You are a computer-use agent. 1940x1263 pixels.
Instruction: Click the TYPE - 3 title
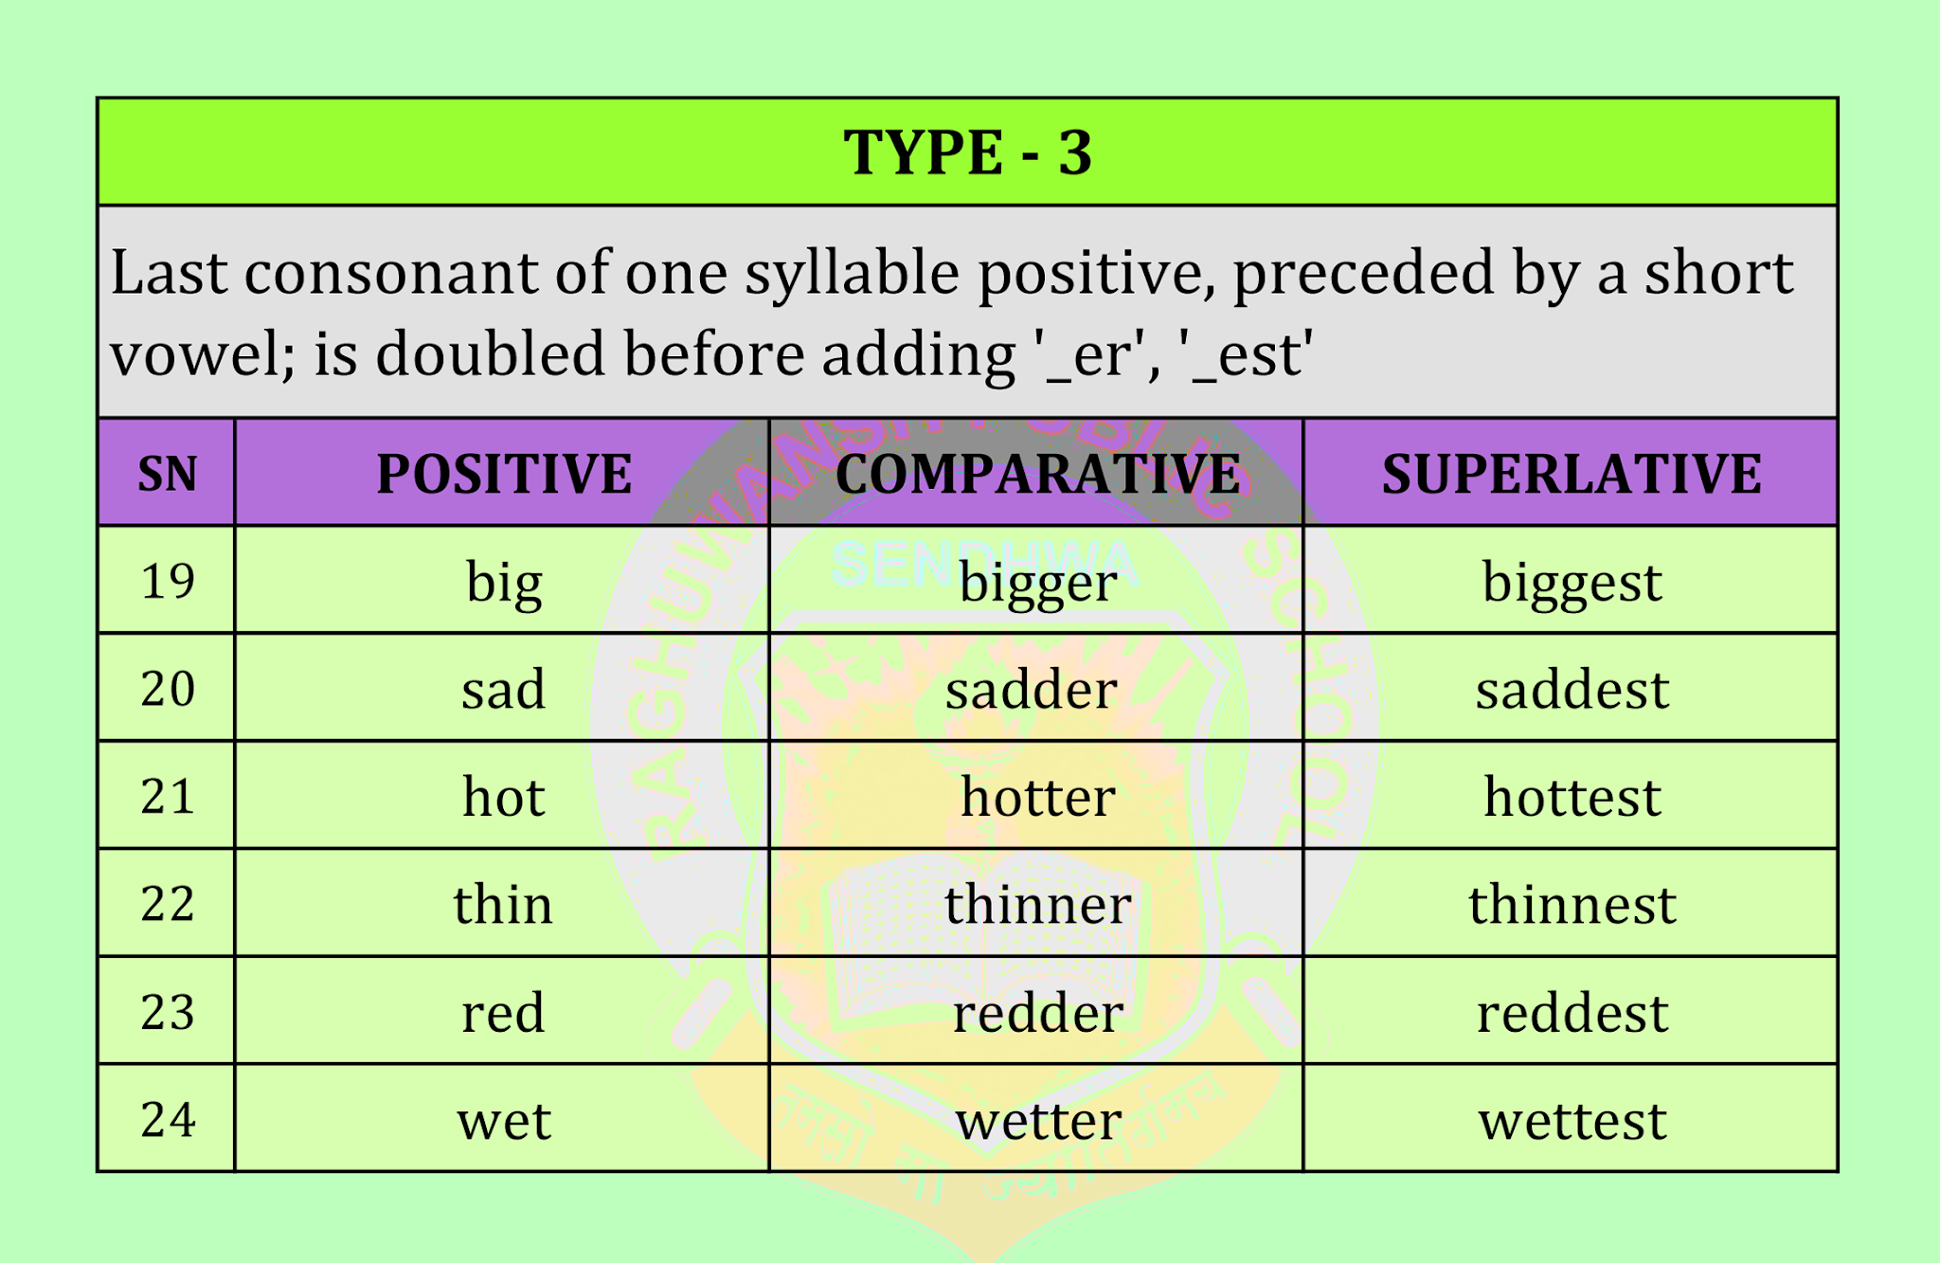967,153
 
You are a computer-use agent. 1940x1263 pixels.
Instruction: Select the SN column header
167,474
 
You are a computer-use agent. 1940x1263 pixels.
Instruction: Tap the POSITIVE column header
503,474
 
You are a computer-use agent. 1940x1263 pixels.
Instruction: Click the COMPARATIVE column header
1037,474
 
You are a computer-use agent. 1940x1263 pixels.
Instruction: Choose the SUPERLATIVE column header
1571,474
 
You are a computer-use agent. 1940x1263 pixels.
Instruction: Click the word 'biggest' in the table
1572,582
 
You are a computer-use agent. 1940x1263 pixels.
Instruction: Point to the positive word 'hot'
503,797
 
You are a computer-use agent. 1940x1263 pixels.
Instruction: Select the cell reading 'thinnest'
1572,904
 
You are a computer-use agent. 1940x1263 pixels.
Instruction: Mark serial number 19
168,581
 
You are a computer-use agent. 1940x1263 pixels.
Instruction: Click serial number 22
168,904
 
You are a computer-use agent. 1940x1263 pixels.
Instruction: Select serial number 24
168,1120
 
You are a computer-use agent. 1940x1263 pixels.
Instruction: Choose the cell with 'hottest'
1572,797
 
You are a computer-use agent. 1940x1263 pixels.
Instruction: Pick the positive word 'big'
504,582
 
